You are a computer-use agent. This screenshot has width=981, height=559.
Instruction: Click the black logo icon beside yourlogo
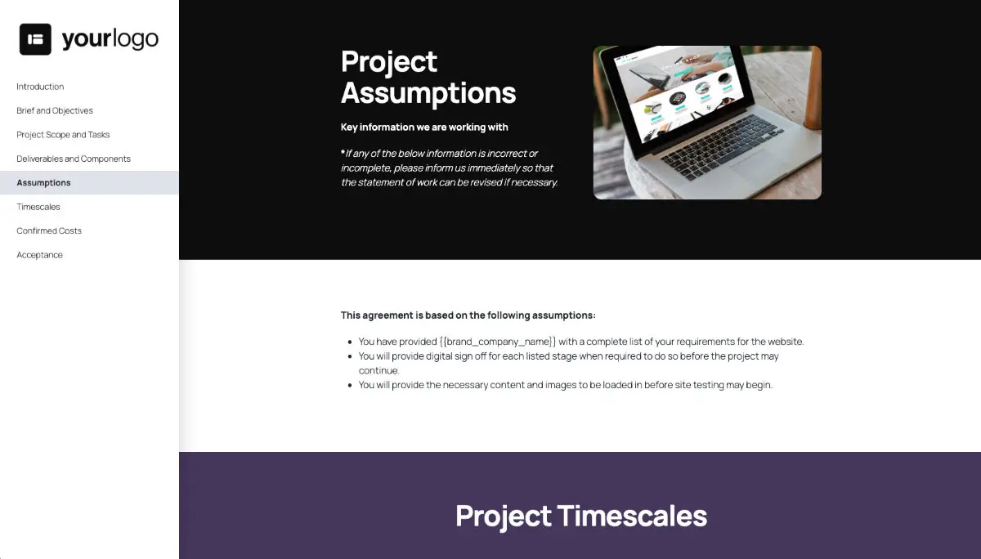pyautogui.click(x=35, y=39)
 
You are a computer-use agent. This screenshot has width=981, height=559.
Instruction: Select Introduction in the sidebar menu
pyautogui.click(x=40, y=87)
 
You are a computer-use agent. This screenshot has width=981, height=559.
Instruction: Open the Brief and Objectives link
pyautogui.click(x=55, y=110)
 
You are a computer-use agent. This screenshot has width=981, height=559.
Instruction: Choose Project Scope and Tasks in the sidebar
pyautogui.click(x=63, y=135)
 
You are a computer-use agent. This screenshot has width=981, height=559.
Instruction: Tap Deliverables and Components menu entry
pyautogui.click(x=74, y=159)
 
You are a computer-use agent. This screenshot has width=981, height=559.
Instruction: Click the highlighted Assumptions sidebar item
pyautogui.click(x=44, y=182)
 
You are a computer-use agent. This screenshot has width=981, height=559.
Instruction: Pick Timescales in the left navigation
pyautogui.click(x=38, y=207)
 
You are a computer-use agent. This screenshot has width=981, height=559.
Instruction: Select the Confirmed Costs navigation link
pyautogui.click(x=49, y=230)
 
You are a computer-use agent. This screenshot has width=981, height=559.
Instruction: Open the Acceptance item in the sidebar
pyautogui.click(x=40, y=255)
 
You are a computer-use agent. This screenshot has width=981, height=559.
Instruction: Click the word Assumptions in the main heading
pyautogui.click(x=428, y=93)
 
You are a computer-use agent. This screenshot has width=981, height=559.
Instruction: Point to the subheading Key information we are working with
pyautogui.click(x=424, y=127)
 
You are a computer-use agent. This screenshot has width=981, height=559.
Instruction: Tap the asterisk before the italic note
pyautogui.click(x=343, y=153)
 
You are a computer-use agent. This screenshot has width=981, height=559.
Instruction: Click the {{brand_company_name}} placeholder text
pyautogui.click(x=498, y=342)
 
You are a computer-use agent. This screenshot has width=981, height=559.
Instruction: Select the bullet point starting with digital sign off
pyautogui.click(x=568, y=357)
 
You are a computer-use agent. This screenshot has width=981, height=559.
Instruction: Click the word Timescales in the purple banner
pyautogui.click(x=632, y=516)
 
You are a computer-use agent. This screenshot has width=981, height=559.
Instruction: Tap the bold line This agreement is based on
pyautogui.click(x=468, y=315)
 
